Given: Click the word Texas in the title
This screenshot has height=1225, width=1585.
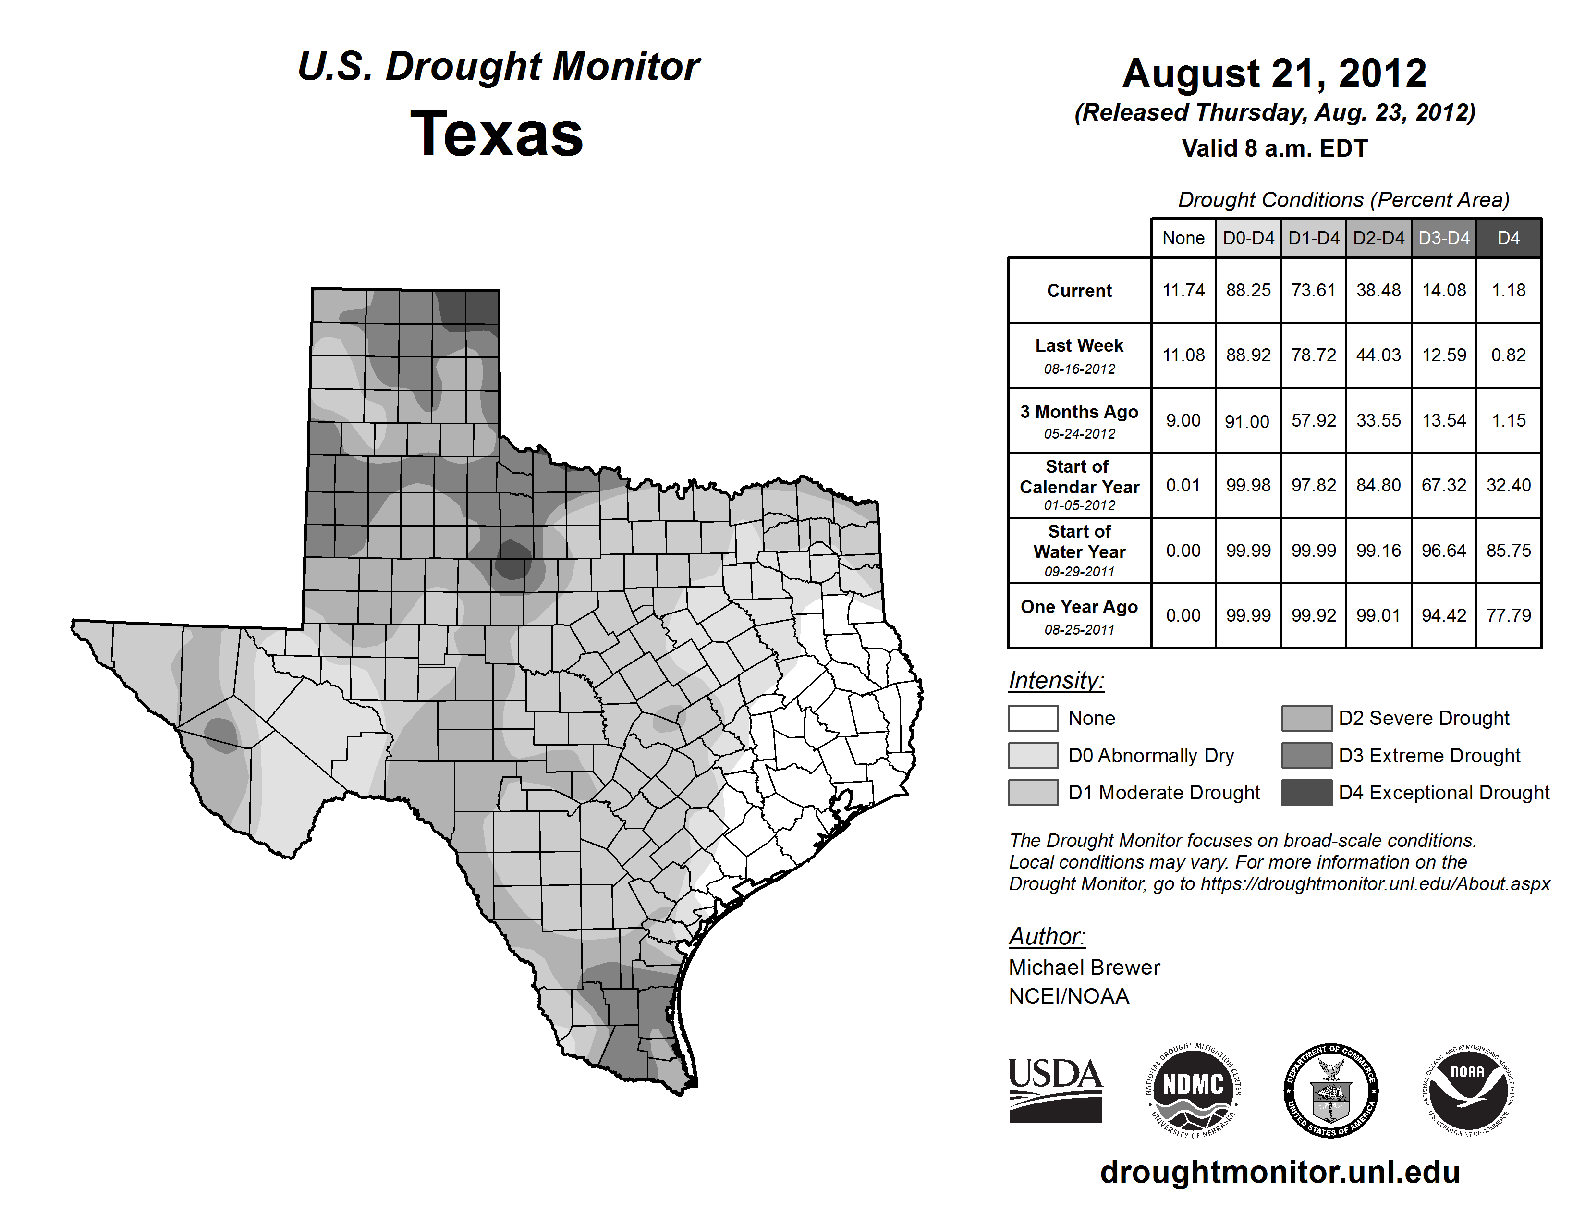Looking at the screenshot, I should (497, 134).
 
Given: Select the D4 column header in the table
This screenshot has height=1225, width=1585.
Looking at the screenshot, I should (1508, 238).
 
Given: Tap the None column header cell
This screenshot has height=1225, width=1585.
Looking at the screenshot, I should (1183, 238).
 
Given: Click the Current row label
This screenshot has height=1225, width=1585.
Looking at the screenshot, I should (1079, 290).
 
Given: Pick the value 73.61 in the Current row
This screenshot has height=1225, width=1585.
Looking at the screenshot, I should (1314, 290).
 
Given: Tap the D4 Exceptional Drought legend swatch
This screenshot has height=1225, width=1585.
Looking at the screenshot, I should (1306, 793).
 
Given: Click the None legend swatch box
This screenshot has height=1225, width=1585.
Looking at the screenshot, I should (1033, 718).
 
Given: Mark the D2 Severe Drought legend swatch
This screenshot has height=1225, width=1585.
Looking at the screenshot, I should (1306, 718).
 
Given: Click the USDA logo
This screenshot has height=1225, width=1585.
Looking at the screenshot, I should (1055, 1090).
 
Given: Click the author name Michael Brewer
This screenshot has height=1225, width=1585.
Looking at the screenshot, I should (1084, 968).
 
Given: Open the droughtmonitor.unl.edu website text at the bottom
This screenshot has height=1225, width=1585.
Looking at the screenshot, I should (1280, 1172).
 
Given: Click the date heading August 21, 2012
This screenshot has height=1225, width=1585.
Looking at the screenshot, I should (1274, 73).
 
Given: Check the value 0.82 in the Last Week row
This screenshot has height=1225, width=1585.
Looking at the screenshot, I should (1508, 355).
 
